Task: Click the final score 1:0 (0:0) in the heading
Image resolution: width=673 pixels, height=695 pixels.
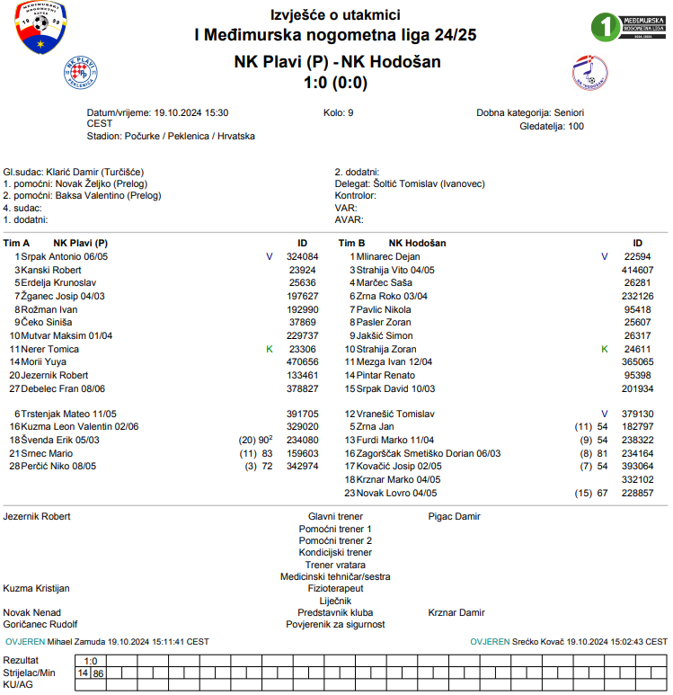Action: (x=336, y=82)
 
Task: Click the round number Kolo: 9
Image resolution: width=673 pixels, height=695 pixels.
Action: (x=338, y=113)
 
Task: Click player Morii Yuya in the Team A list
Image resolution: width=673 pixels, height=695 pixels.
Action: (x=45, y=361)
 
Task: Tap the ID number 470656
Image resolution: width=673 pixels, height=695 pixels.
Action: (x=303, y=361)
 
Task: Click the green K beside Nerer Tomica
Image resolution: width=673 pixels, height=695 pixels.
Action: (x=269, y=349)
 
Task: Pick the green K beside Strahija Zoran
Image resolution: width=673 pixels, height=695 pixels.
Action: (x=605, y=349)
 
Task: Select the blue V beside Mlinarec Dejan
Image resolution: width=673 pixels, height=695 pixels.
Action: (x=605, y=256)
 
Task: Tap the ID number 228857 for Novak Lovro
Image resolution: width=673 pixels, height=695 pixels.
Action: (x=637, y=493)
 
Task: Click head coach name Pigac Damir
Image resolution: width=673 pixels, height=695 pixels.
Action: (x=454, y=517)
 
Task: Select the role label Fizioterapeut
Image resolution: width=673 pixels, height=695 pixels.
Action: (x=335, y=588)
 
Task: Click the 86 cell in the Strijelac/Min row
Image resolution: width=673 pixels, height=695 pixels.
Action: (x=98, y=673)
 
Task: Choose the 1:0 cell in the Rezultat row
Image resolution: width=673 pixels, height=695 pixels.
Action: (x=91, y=660)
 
